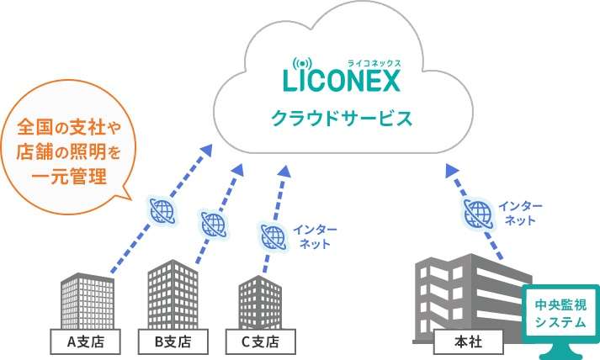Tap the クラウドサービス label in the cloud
[341, 118]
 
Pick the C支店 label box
[261, 341]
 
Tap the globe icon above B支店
[214, 224]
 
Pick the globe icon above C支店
[273, 236]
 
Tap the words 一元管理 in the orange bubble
[67, 177]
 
